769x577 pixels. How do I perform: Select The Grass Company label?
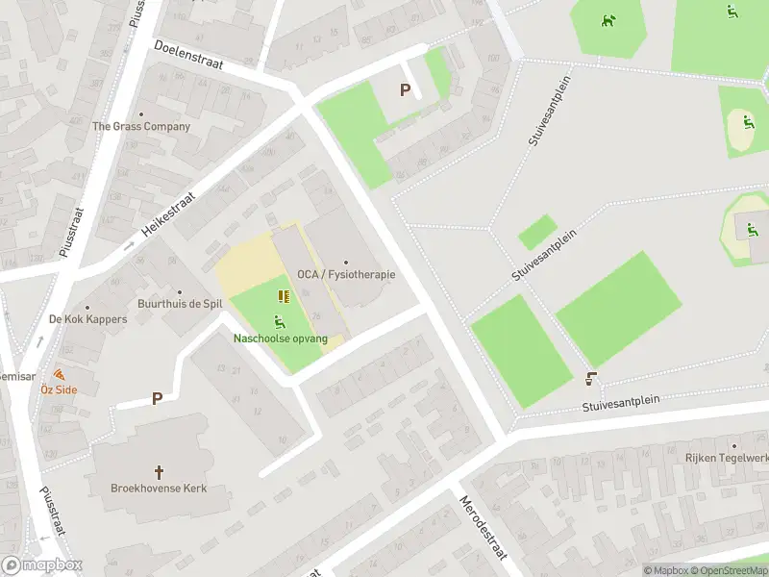(x=141, y=126)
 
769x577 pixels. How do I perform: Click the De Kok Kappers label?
(x=87, y=319)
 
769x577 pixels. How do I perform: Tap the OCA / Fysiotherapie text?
(x=346, y=275)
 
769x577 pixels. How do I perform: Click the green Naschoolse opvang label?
(x=280, y=339)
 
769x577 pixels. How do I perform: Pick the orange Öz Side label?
(x=59, y=389)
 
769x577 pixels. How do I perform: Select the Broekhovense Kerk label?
(x=160, y=489)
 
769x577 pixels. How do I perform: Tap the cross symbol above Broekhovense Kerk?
(x=160, y=472)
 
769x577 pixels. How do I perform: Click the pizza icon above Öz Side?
(x=60, y=374)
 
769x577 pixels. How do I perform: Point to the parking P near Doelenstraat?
(x=405, y=90)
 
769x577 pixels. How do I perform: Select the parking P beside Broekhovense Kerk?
(x=156, y=398)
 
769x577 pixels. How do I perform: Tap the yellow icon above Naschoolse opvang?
(x=284, y=296)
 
